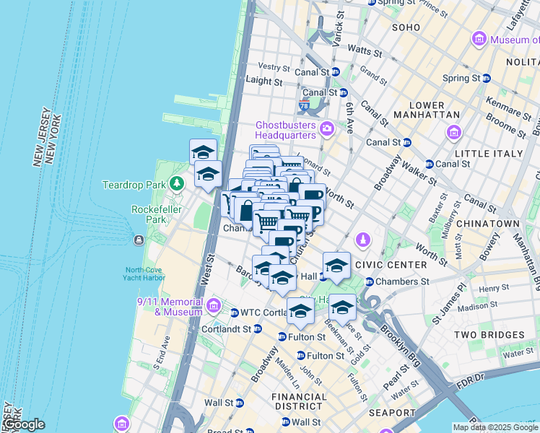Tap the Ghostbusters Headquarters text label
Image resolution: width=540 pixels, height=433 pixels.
coord(286,130)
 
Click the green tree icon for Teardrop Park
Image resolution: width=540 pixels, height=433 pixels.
coord(176,184)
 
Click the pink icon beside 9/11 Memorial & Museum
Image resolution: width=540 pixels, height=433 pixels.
coord(213,306)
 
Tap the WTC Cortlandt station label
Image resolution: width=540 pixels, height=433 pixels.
coord(264,312)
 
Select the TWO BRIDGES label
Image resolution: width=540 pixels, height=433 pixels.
coord(489,335)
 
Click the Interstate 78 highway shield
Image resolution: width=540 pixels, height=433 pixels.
coord(303,106)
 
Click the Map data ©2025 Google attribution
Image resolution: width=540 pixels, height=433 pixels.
coord(495,427)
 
